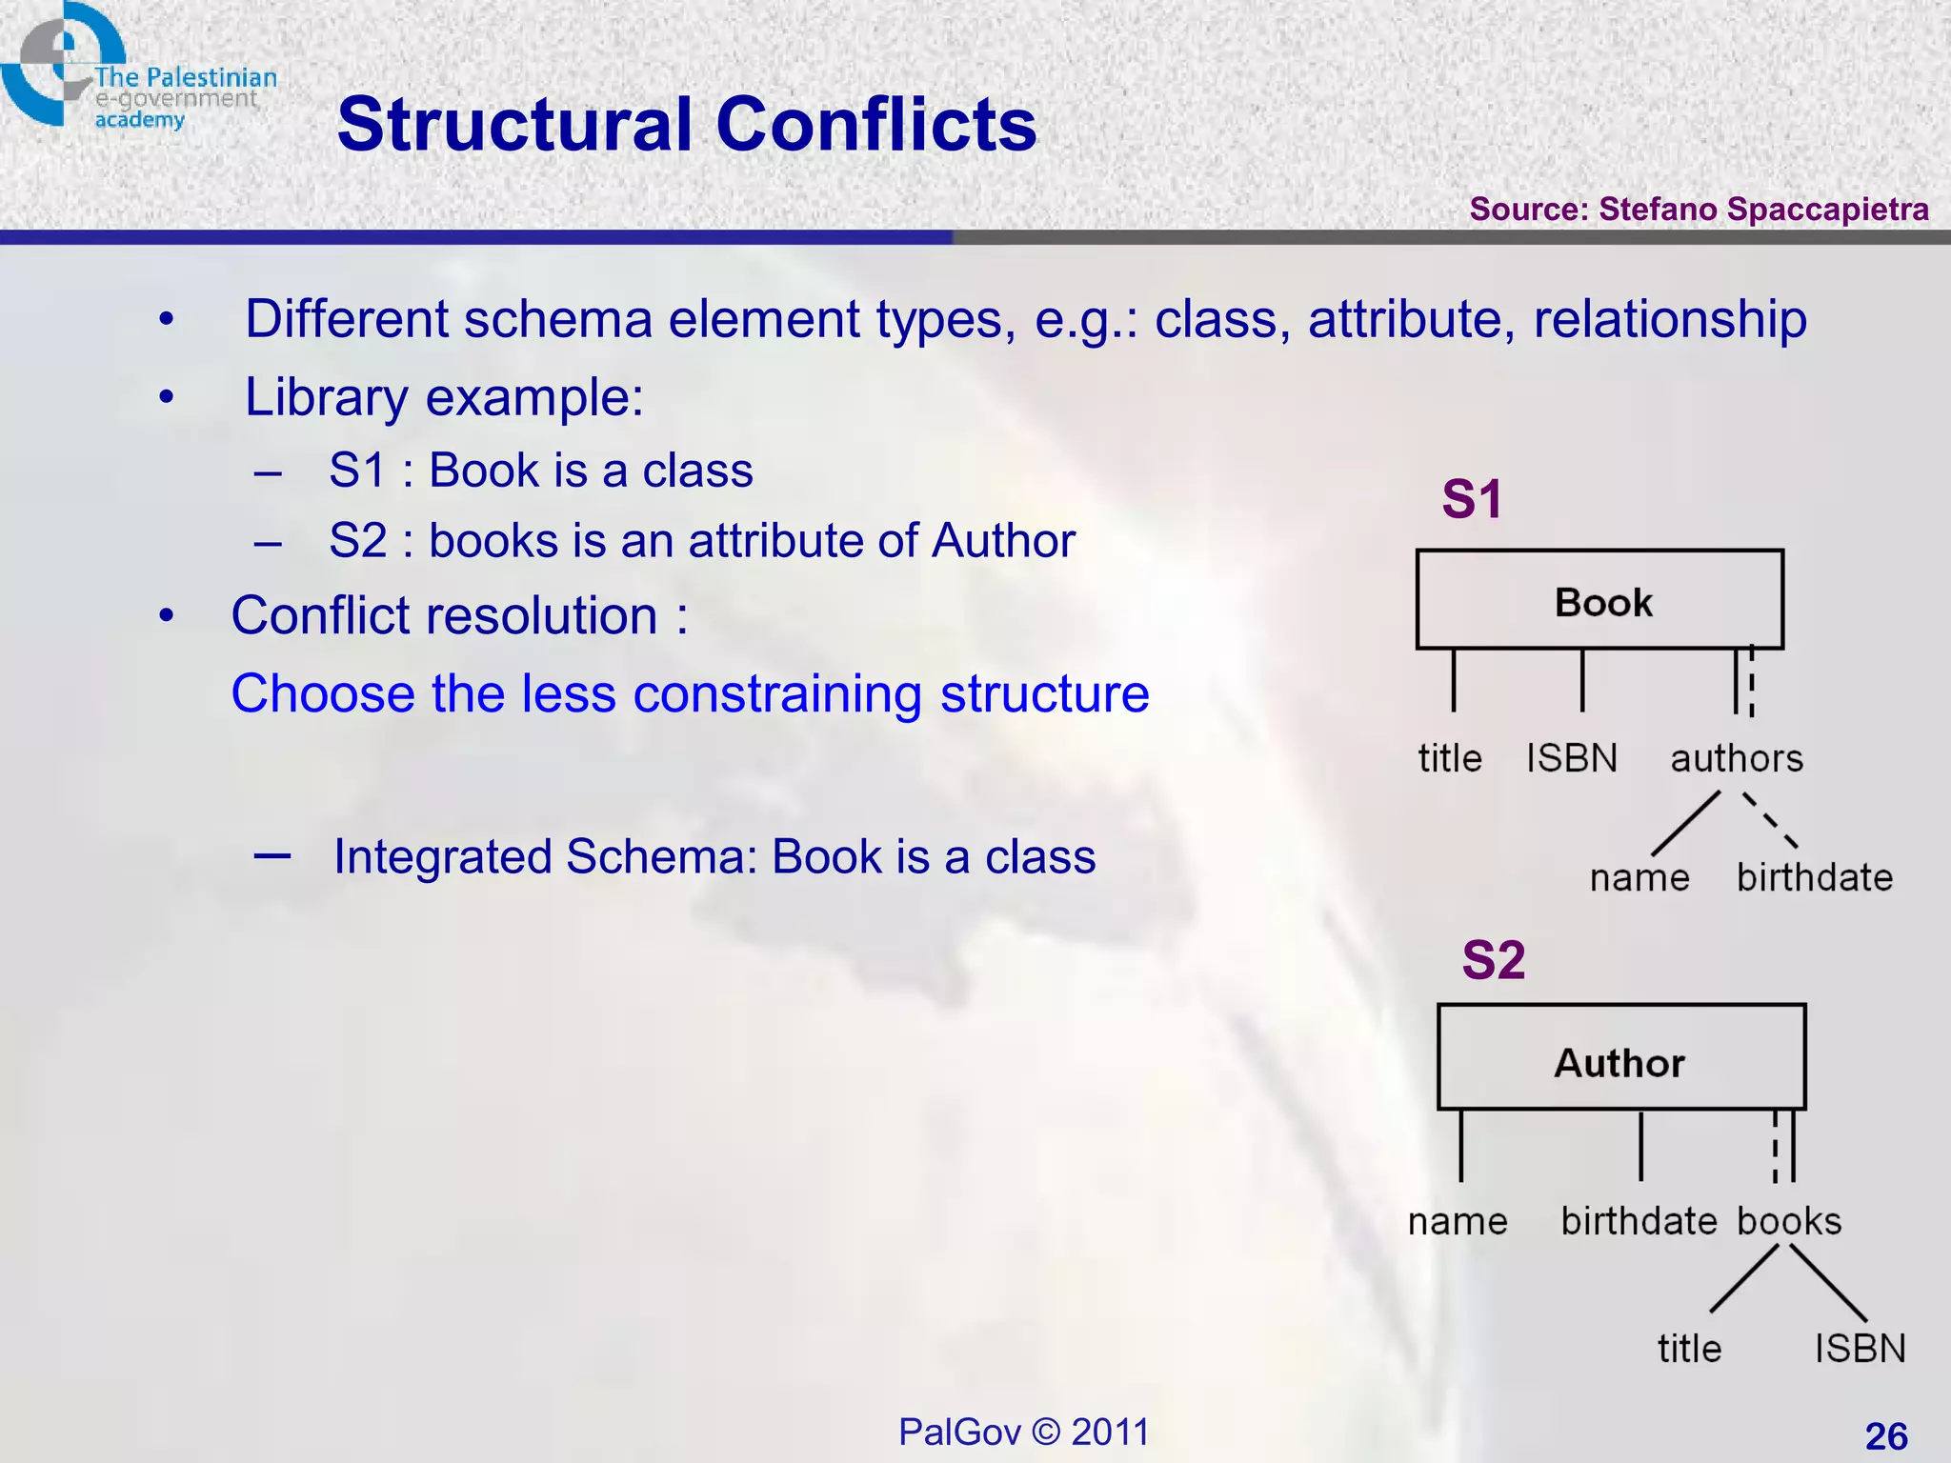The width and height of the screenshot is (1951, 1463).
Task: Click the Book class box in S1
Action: coord(1599,600)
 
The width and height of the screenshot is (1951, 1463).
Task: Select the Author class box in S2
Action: coord(1620,1057)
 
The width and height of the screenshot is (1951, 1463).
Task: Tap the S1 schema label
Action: coord(1472,499)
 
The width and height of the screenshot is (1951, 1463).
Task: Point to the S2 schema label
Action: coord(1493,959)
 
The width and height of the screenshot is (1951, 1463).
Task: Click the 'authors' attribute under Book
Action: coord(1737,759)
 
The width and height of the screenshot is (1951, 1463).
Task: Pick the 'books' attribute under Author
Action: coord(1789,1221)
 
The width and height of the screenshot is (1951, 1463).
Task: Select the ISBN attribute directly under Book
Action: coord(1572,759)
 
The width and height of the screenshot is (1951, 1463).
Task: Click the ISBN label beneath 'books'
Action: coord(1860,1349)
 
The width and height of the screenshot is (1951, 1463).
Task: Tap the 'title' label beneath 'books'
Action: coord(1689,1349)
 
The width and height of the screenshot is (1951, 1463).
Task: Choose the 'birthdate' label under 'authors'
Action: coord(1814,877)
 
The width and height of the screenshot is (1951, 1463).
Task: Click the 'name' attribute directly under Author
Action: coord(1458,1221)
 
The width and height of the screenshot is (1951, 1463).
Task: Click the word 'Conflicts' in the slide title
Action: coord(875,125)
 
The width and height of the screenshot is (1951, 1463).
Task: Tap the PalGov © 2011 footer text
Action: coord(1024,1432)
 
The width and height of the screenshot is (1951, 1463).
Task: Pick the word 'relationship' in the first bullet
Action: coord(1669,319)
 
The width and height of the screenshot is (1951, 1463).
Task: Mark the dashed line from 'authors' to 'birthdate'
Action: coord(1770,820)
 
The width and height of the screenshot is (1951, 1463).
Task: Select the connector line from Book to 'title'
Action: coord(1454,680)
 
